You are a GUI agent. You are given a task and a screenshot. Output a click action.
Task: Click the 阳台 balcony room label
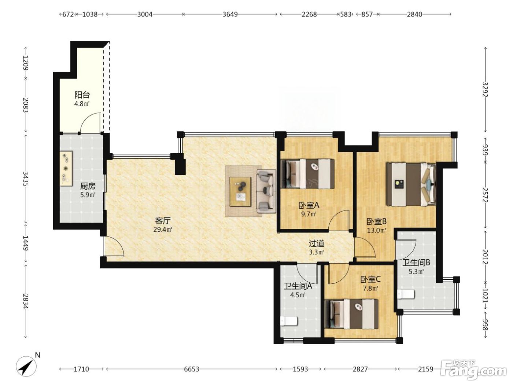(82, 95)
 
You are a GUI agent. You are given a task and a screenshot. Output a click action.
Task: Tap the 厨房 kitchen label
(88, 186)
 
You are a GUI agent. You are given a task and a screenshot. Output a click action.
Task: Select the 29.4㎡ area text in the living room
(163, 229)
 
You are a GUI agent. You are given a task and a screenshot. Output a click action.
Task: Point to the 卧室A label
(309, 205)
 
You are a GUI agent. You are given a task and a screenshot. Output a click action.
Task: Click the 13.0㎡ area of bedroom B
(376, 231)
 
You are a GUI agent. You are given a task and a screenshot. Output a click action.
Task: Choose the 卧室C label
(370, 279)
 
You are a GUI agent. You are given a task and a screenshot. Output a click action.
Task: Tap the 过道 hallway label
(317, 243)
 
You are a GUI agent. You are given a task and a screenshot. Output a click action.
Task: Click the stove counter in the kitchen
(66, 169)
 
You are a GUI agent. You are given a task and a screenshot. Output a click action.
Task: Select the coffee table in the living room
(240, 192)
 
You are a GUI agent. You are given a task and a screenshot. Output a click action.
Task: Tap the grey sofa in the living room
(266, 191)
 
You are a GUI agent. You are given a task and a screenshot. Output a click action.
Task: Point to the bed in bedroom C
(351, 314)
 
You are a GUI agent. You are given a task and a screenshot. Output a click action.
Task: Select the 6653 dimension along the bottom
(192, 369)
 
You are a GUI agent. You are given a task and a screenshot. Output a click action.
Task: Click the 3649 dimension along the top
(230, 14)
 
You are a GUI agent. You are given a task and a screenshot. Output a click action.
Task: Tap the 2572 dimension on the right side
(486, 195)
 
